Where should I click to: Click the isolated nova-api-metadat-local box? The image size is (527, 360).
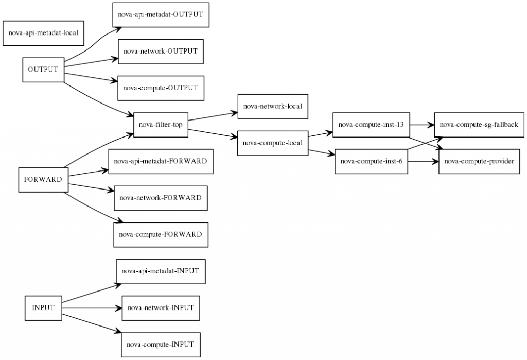pos(44,33)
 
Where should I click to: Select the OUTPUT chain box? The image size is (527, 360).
pos(43,70)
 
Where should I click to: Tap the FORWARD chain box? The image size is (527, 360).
pos(43,179)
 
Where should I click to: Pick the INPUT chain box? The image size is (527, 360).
pos(43,307)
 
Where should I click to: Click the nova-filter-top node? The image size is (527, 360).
pos(161,124)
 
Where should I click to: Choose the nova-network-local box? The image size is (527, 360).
pos(272,107)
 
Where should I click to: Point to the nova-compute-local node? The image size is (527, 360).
pos(272,143)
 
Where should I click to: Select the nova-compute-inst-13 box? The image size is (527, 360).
pos(371,124)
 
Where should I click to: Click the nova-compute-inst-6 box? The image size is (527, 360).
pos(371,161)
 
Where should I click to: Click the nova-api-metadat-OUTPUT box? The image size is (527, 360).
pos(161,14)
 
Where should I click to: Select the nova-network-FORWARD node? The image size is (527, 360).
pos(160,198)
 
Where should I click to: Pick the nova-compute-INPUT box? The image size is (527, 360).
pos(160,344)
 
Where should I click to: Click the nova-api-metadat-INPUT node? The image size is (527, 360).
pos(160,271)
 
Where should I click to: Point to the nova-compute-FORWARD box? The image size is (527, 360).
pos(160,234)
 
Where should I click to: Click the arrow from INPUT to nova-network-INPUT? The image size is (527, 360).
pos(92,308)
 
